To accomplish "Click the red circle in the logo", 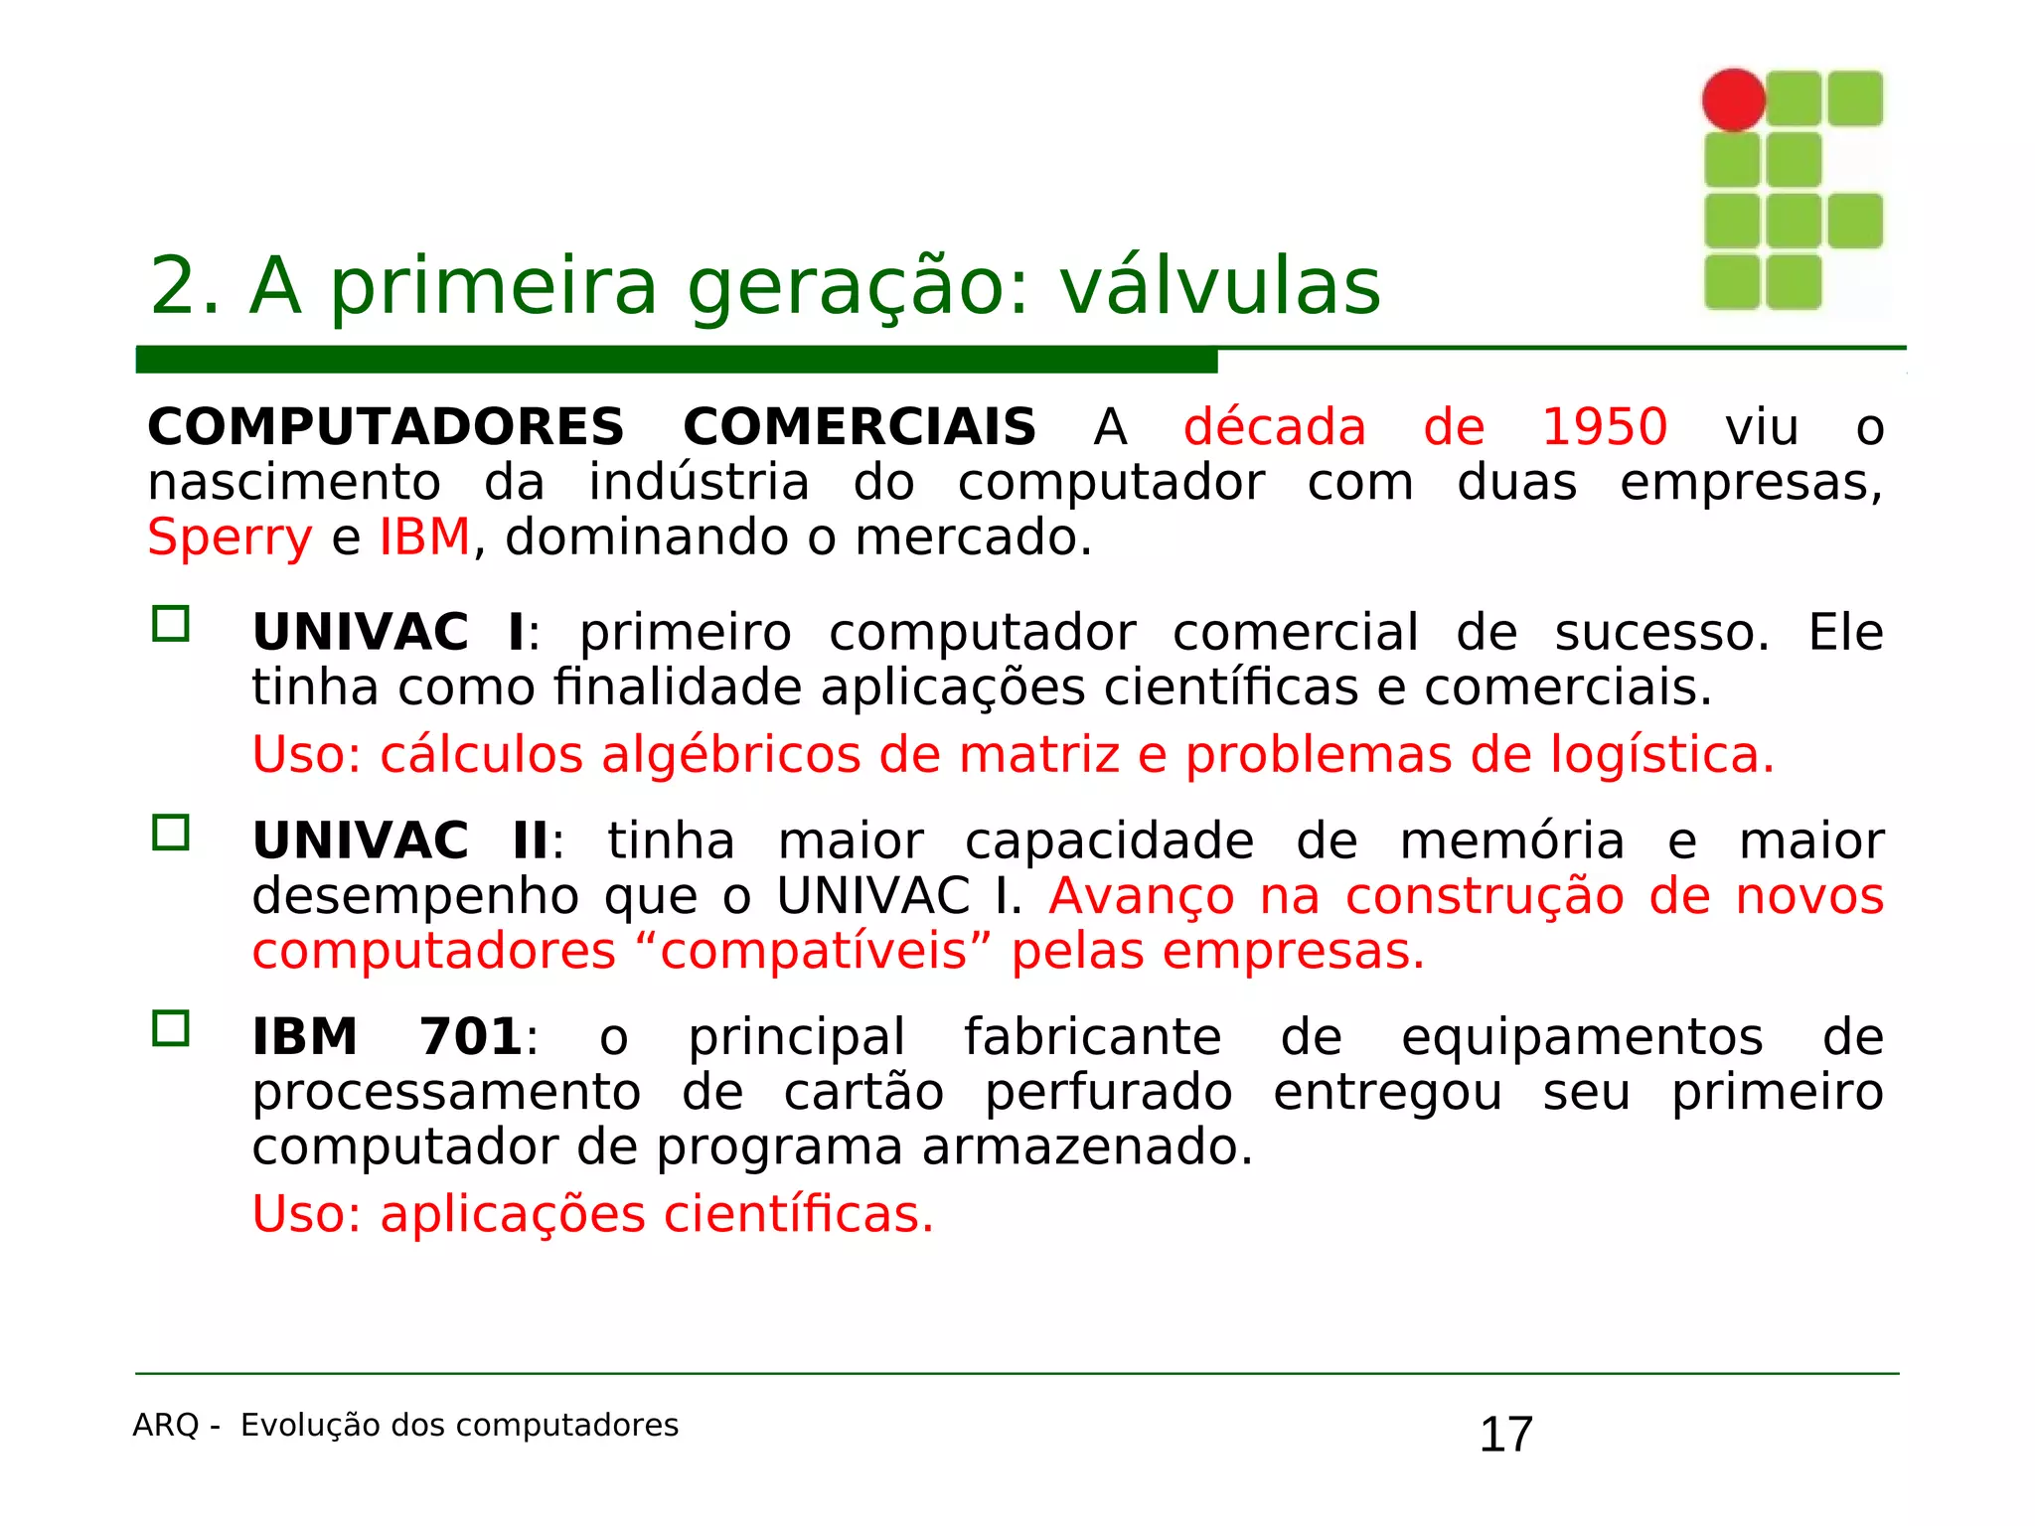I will pos(1733,99).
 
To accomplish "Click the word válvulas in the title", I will pos(1219,286).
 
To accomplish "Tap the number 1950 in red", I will pos(1604,428).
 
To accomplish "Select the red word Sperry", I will pos(230,537).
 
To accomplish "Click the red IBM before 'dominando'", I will pos(424,537).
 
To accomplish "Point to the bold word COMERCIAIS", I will pos(860,428).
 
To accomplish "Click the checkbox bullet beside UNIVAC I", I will pos(171,624).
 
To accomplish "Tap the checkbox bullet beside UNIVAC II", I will pos(171,833).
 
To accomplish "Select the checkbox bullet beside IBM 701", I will pos(171,1028).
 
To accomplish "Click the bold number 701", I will pos(470,1037).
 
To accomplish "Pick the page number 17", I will pos(1505,1435).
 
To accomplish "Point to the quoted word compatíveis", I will pos(814,952).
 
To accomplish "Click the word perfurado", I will pos(1108,1093).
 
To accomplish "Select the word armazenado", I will pos(1087,1147).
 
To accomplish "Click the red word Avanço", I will pos(1142,896).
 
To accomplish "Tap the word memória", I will pos(1511,841).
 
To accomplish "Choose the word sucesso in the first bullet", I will pos(1661,633).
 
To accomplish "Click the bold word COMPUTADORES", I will pos(386,428).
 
